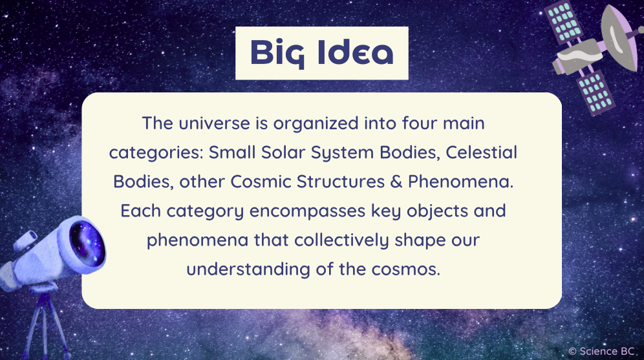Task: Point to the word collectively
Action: [343, 240]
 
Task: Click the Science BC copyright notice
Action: [603, 350]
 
